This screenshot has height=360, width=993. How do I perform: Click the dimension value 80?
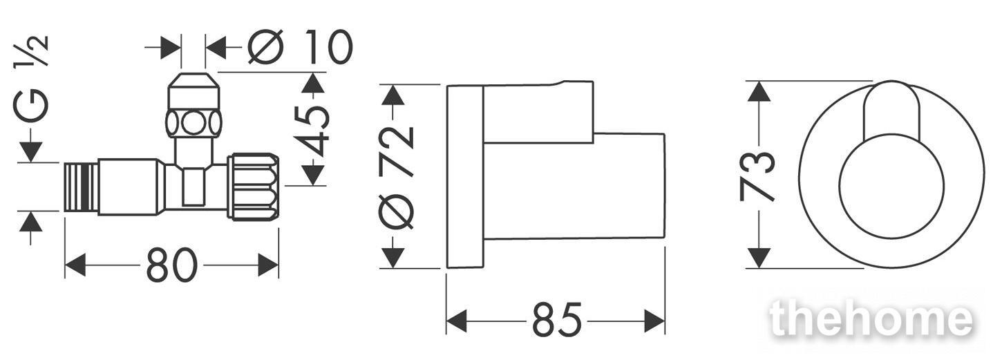pos(172,265)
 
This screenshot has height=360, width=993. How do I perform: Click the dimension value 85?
pos(557,320)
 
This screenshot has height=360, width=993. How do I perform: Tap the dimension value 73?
pos(757,176)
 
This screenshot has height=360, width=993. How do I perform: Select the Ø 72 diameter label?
pos(397,178)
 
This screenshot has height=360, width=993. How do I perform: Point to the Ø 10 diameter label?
pos(300,46)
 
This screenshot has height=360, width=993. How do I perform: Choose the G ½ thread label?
pos(31,79)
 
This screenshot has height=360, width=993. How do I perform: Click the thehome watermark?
pos(871,319)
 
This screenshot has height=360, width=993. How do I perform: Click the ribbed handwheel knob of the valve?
pos(254,187)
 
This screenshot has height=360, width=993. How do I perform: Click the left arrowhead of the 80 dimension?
pos(75,265)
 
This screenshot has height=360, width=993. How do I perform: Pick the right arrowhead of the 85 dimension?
pos(654,321)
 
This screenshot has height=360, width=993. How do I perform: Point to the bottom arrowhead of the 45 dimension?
pos(313,175)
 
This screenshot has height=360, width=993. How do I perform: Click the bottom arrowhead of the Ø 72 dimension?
pos(393,258)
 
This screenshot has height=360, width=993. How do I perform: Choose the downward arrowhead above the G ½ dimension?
pos(31,152)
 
